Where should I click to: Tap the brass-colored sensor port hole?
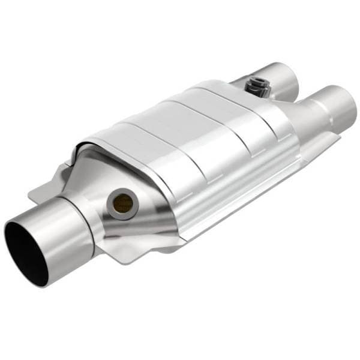tap(124, 202)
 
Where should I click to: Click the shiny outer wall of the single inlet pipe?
tap(60, 231)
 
